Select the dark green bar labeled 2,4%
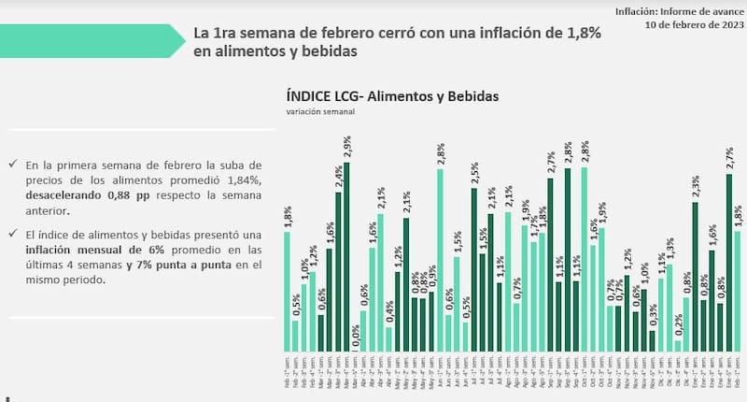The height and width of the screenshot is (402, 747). pyautogui.click(x=338, y=271)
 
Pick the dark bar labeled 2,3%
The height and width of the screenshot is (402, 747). pyautogui.click(x=696, y=276)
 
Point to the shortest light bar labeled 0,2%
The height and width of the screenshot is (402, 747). pyautogui.click(x=678, y=345)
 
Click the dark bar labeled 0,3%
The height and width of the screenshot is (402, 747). pyautogui.click(x=653, y=340)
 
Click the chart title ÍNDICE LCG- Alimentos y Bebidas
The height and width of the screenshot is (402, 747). pyautogui.click(x=392, y=96)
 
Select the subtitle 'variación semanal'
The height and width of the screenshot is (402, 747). pyautogui.click(x=321, y=111)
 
